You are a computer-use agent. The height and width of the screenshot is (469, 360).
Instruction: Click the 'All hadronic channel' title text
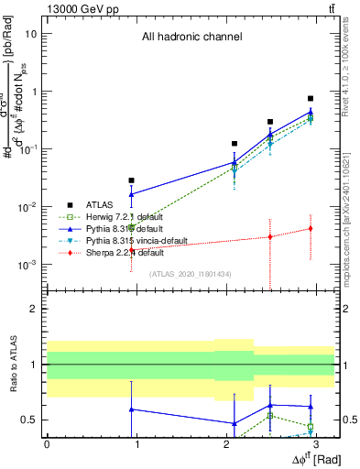click(191, 38)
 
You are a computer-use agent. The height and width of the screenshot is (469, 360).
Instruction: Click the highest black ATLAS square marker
click(311, 98)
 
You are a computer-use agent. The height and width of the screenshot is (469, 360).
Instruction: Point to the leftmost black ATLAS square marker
click(132, 180)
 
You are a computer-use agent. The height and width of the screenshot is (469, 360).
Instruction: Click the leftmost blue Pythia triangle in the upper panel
click(132, 194)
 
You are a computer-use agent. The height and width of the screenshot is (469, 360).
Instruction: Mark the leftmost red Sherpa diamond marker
click(132, 250)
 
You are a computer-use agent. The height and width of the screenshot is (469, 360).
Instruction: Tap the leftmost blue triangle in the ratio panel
click(132, 409)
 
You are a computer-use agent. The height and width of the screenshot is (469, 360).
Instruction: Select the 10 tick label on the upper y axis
click(32, 34)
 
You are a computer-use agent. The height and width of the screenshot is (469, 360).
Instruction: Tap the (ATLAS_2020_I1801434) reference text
click(191, 274)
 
